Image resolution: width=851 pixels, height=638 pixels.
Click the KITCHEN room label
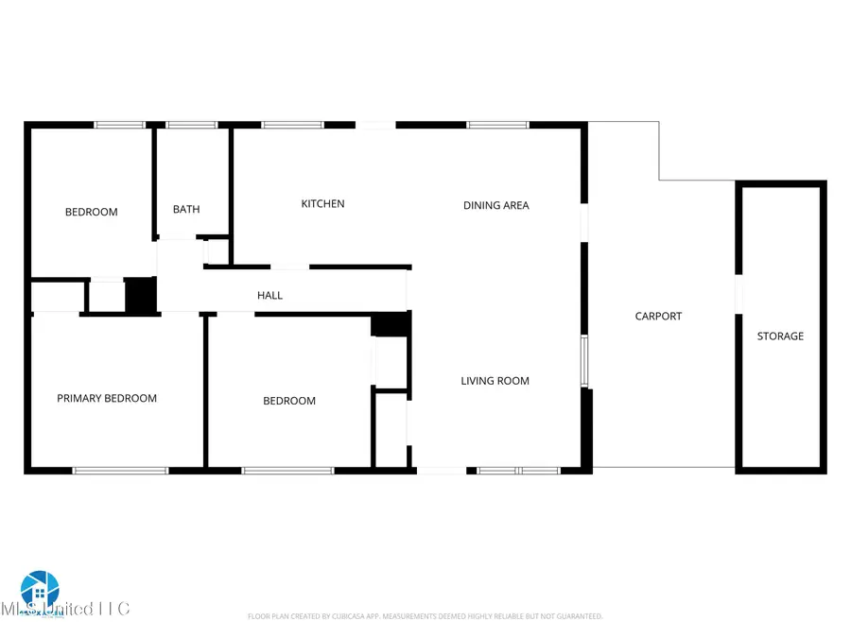coord(322,204)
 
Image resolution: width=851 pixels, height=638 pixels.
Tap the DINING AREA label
coord(495,205)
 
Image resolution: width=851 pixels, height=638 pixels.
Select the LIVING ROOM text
coord(495,381)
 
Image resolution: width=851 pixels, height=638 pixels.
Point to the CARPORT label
coord(658,317)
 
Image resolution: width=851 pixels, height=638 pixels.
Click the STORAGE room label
coord(780,336)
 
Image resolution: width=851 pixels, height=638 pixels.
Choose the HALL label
coord(269,296)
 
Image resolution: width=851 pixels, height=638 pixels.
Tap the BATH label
coord(186,210)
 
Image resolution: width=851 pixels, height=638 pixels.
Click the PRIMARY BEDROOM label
coord(107,399)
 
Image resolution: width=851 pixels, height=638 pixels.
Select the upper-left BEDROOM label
coord(92,212)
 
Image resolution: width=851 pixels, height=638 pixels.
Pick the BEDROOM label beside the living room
coord(289,402)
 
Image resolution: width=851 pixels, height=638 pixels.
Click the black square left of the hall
coord(140,295)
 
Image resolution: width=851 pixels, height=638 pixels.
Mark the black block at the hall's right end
coord(390,324)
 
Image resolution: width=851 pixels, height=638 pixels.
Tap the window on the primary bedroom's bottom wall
coord(121,470)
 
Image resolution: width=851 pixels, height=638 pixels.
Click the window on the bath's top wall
coord(192,125)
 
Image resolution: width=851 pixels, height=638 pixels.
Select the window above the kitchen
coord(292,125)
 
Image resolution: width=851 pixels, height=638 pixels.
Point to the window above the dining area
coord(497,125)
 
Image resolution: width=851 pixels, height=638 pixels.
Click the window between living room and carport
coord(584,361)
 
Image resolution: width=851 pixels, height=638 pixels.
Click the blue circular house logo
coord(40,591)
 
